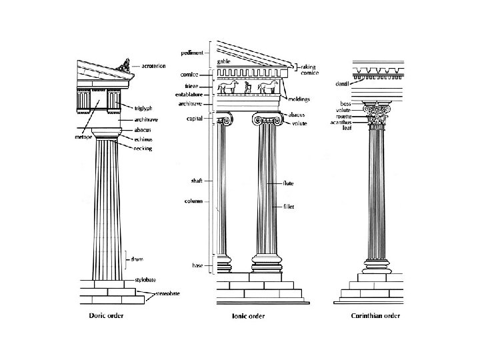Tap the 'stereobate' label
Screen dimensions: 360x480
point(167,293)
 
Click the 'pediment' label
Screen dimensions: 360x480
point(192,53)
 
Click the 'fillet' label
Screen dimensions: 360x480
point(289,207)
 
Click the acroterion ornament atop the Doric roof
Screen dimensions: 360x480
point(124,64)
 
